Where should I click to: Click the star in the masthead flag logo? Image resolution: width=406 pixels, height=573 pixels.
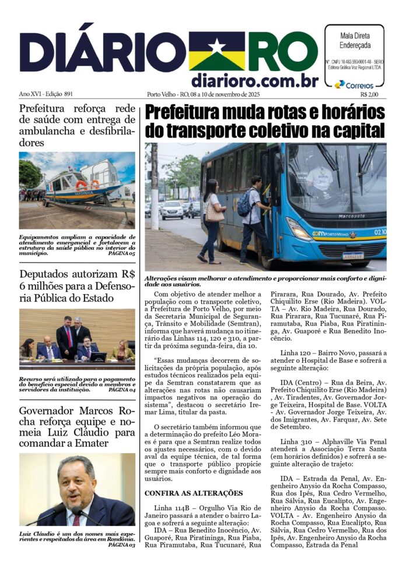pos(216,47)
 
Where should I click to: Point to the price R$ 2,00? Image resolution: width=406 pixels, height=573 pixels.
pos(369,94)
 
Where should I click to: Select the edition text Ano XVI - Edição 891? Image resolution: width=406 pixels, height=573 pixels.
pos(46,94)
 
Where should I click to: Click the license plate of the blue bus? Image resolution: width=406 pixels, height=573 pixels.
pos(353,255)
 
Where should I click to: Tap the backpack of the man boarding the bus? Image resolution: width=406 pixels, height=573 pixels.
pos(244,203)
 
